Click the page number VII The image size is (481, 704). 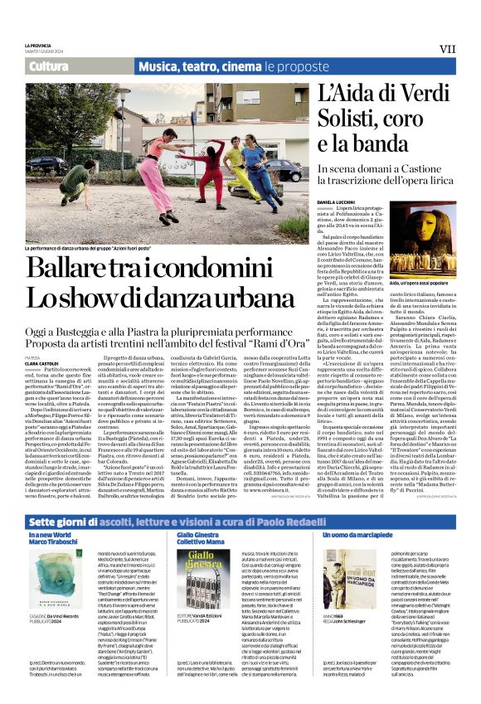[x=447, y=49]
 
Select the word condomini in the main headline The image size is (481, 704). [x=240, y=268]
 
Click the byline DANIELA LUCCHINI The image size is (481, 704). [x=335, y=201]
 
